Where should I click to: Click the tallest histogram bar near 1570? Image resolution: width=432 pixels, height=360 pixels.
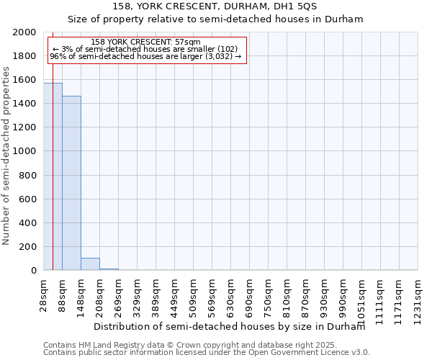[53, 176]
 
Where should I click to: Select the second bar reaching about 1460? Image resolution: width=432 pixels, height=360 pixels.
[71, 183]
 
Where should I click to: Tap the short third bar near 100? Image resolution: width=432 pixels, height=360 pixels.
[90, 264]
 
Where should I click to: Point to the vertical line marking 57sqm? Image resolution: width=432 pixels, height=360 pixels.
[53, 144]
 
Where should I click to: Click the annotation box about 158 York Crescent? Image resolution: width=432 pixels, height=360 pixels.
[148, 50]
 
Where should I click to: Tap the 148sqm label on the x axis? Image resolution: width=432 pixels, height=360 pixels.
[81, 295]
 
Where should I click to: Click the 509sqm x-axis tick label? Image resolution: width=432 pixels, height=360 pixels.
[194, 295]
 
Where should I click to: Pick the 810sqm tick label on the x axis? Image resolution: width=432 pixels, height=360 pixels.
[287, 295]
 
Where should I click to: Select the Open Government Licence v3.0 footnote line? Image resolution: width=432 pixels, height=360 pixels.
[207, 353]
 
